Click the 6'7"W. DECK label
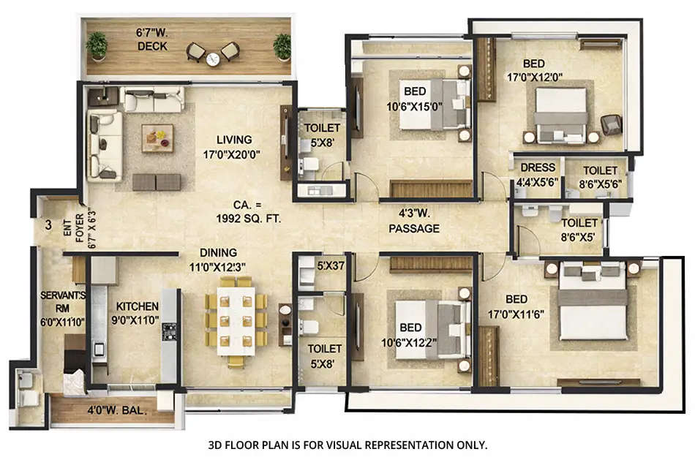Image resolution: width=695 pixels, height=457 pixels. (x=152, y=39)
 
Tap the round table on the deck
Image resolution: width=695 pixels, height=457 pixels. (x=213, y=59)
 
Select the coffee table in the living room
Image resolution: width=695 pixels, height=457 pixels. (x=157, y=137)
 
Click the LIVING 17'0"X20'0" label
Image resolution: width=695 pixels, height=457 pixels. (x=233, y=146)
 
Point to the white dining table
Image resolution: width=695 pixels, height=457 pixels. (x=236, y=320)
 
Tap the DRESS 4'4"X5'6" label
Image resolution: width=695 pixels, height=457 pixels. (x=538, y=173)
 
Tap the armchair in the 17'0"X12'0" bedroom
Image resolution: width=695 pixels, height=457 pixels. (x=611, y=124)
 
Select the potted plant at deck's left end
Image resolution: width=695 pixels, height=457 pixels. (x=97, y=45)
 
